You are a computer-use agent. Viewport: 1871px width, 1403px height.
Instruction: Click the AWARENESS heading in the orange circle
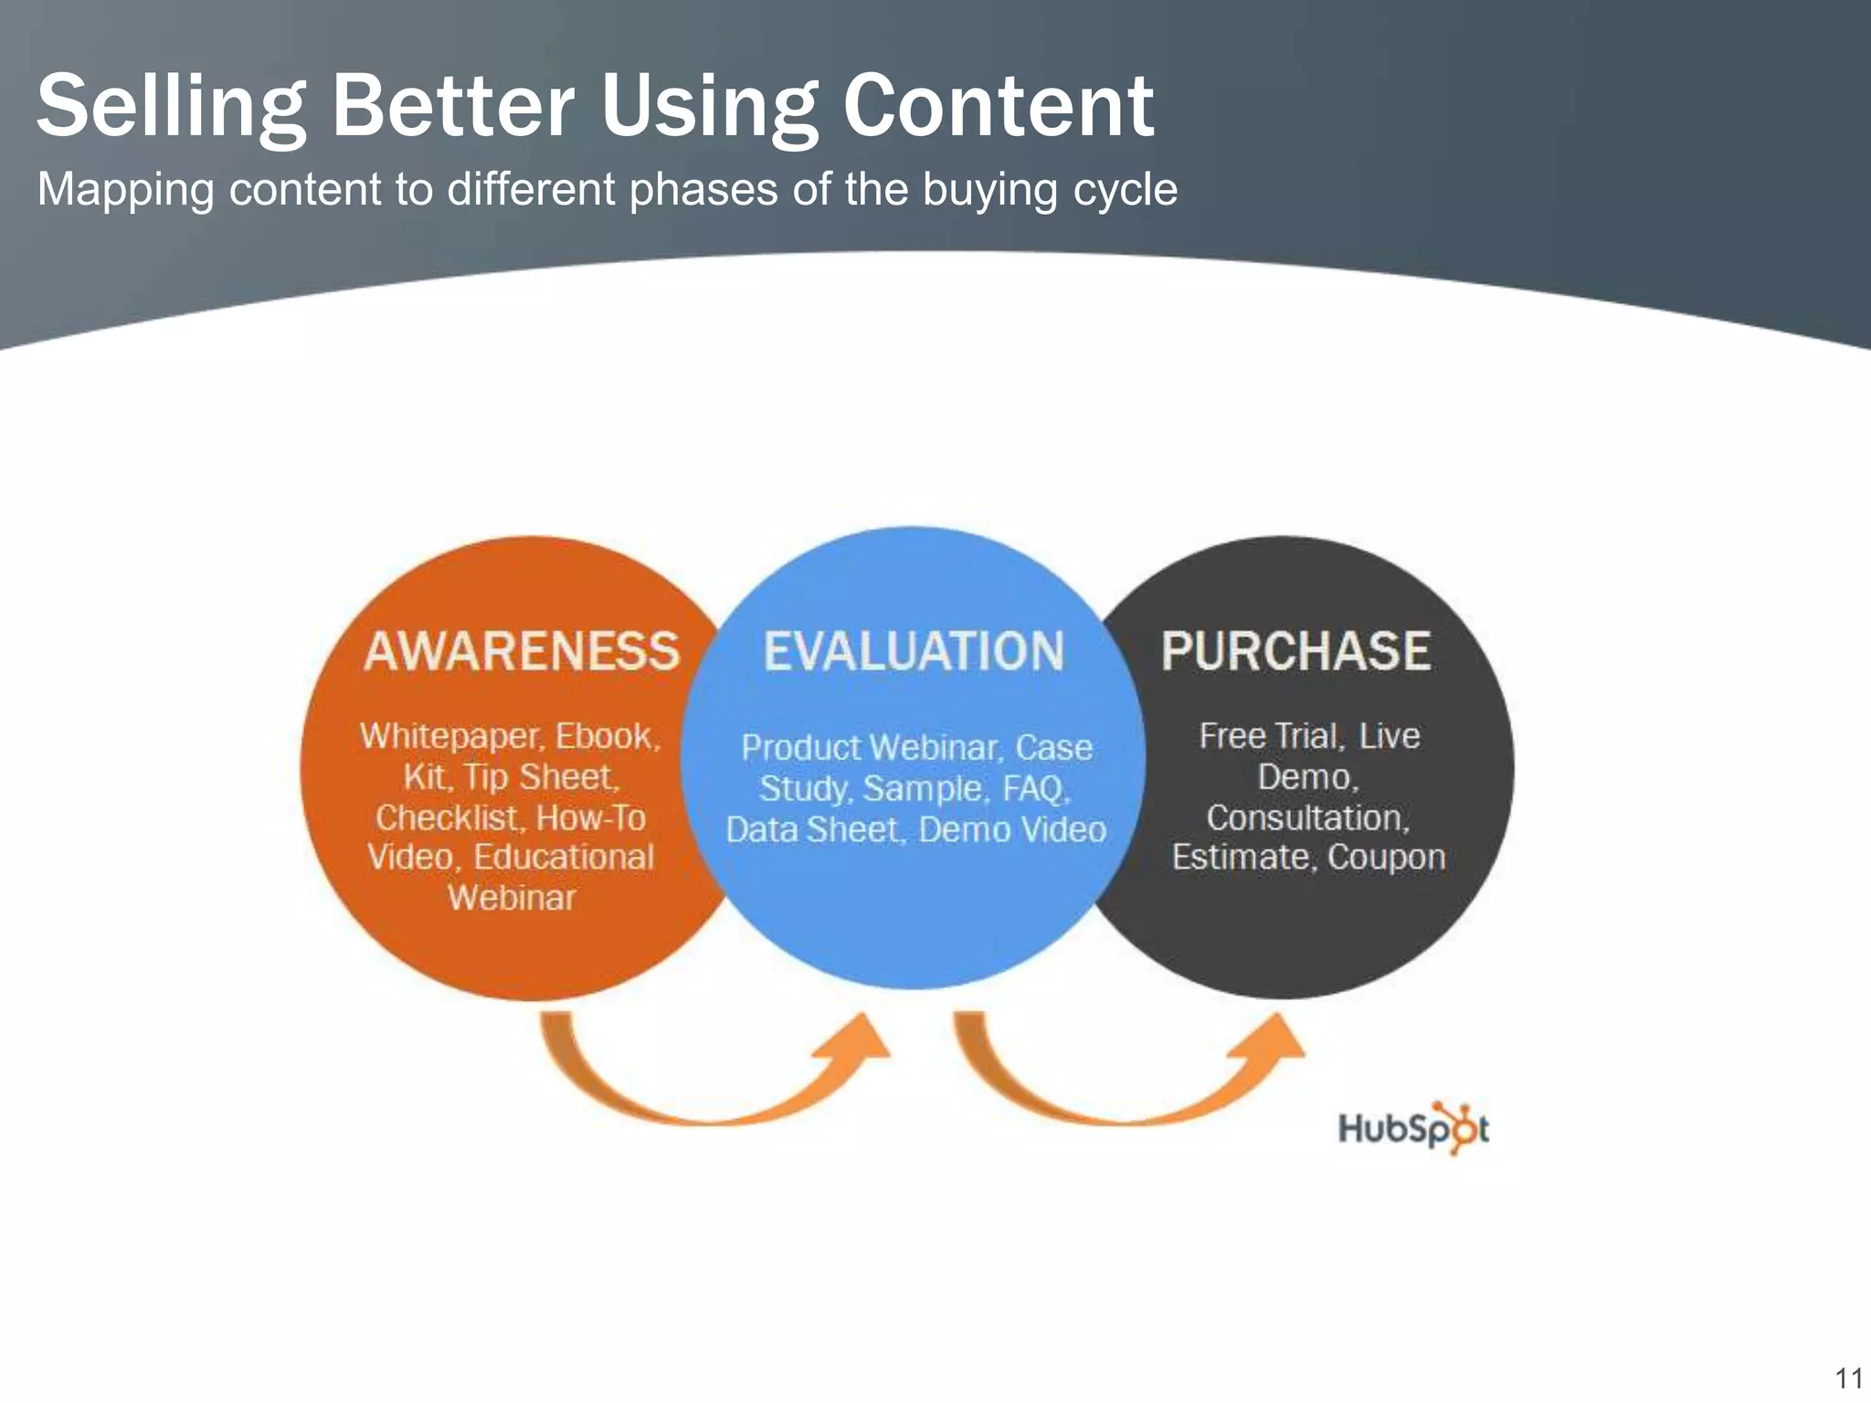[x=522, y=652]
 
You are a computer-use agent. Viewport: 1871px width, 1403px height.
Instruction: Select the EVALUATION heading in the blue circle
[x=914, y=652]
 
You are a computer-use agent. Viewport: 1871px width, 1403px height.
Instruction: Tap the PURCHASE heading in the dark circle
[x=1295, y=652]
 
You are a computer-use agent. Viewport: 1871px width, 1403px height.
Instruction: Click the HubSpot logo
[x=1412, y=1128]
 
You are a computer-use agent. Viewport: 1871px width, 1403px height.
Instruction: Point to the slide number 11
[x=1848, y=1377]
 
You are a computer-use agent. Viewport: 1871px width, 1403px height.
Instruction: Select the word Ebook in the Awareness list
[x=605, y=736]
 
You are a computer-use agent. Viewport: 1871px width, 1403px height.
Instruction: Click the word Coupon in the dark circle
[x=1386, y=858]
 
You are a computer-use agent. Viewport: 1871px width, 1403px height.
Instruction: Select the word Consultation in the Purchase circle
[x=1307, y=818]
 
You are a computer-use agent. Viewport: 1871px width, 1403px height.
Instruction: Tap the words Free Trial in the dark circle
[x=1270, y=736]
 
